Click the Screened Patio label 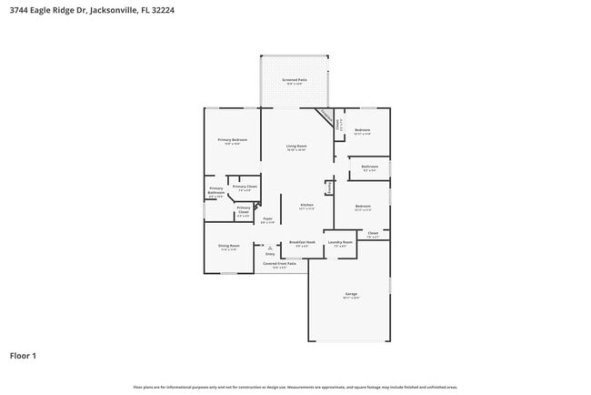[295, 80]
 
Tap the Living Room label [296, 147]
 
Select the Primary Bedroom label [233, 140]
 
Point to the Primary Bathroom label [215, 191]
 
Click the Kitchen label [306, 206]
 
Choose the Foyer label [267, 219]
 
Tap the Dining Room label [228, 247]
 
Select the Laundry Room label [340, 243]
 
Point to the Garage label [351, 294]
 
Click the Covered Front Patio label [280, 264]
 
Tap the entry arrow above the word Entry [270, 248]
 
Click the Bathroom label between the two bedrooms [369, 167]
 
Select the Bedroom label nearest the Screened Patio [362, 130]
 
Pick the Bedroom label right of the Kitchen [362, 207]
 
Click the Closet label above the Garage [372, 233]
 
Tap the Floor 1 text [23, 356]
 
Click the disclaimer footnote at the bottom [295, 386]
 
